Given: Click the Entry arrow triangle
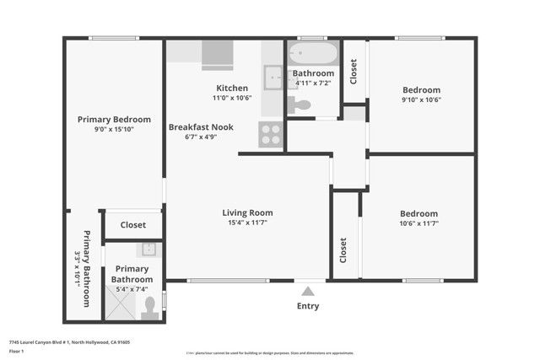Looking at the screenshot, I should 308,291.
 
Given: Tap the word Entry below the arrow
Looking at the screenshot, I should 308,306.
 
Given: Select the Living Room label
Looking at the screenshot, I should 247,212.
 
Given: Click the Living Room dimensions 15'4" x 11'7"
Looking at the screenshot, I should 247,223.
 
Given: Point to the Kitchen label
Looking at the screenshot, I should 232,89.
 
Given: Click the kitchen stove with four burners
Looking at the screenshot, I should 271,134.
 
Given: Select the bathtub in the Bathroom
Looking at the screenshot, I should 313,55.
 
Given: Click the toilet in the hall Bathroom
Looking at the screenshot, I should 300,105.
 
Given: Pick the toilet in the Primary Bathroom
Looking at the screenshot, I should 151,307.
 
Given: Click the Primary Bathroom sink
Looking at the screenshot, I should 148,249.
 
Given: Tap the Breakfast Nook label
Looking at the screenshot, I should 201,127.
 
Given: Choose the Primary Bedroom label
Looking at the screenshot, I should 114,119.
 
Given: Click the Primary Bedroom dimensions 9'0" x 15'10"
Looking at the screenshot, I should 114,129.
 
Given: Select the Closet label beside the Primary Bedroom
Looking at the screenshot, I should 133,225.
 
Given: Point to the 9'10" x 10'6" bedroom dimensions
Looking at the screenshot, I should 421,99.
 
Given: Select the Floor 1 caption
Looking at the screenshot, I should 17,351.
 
